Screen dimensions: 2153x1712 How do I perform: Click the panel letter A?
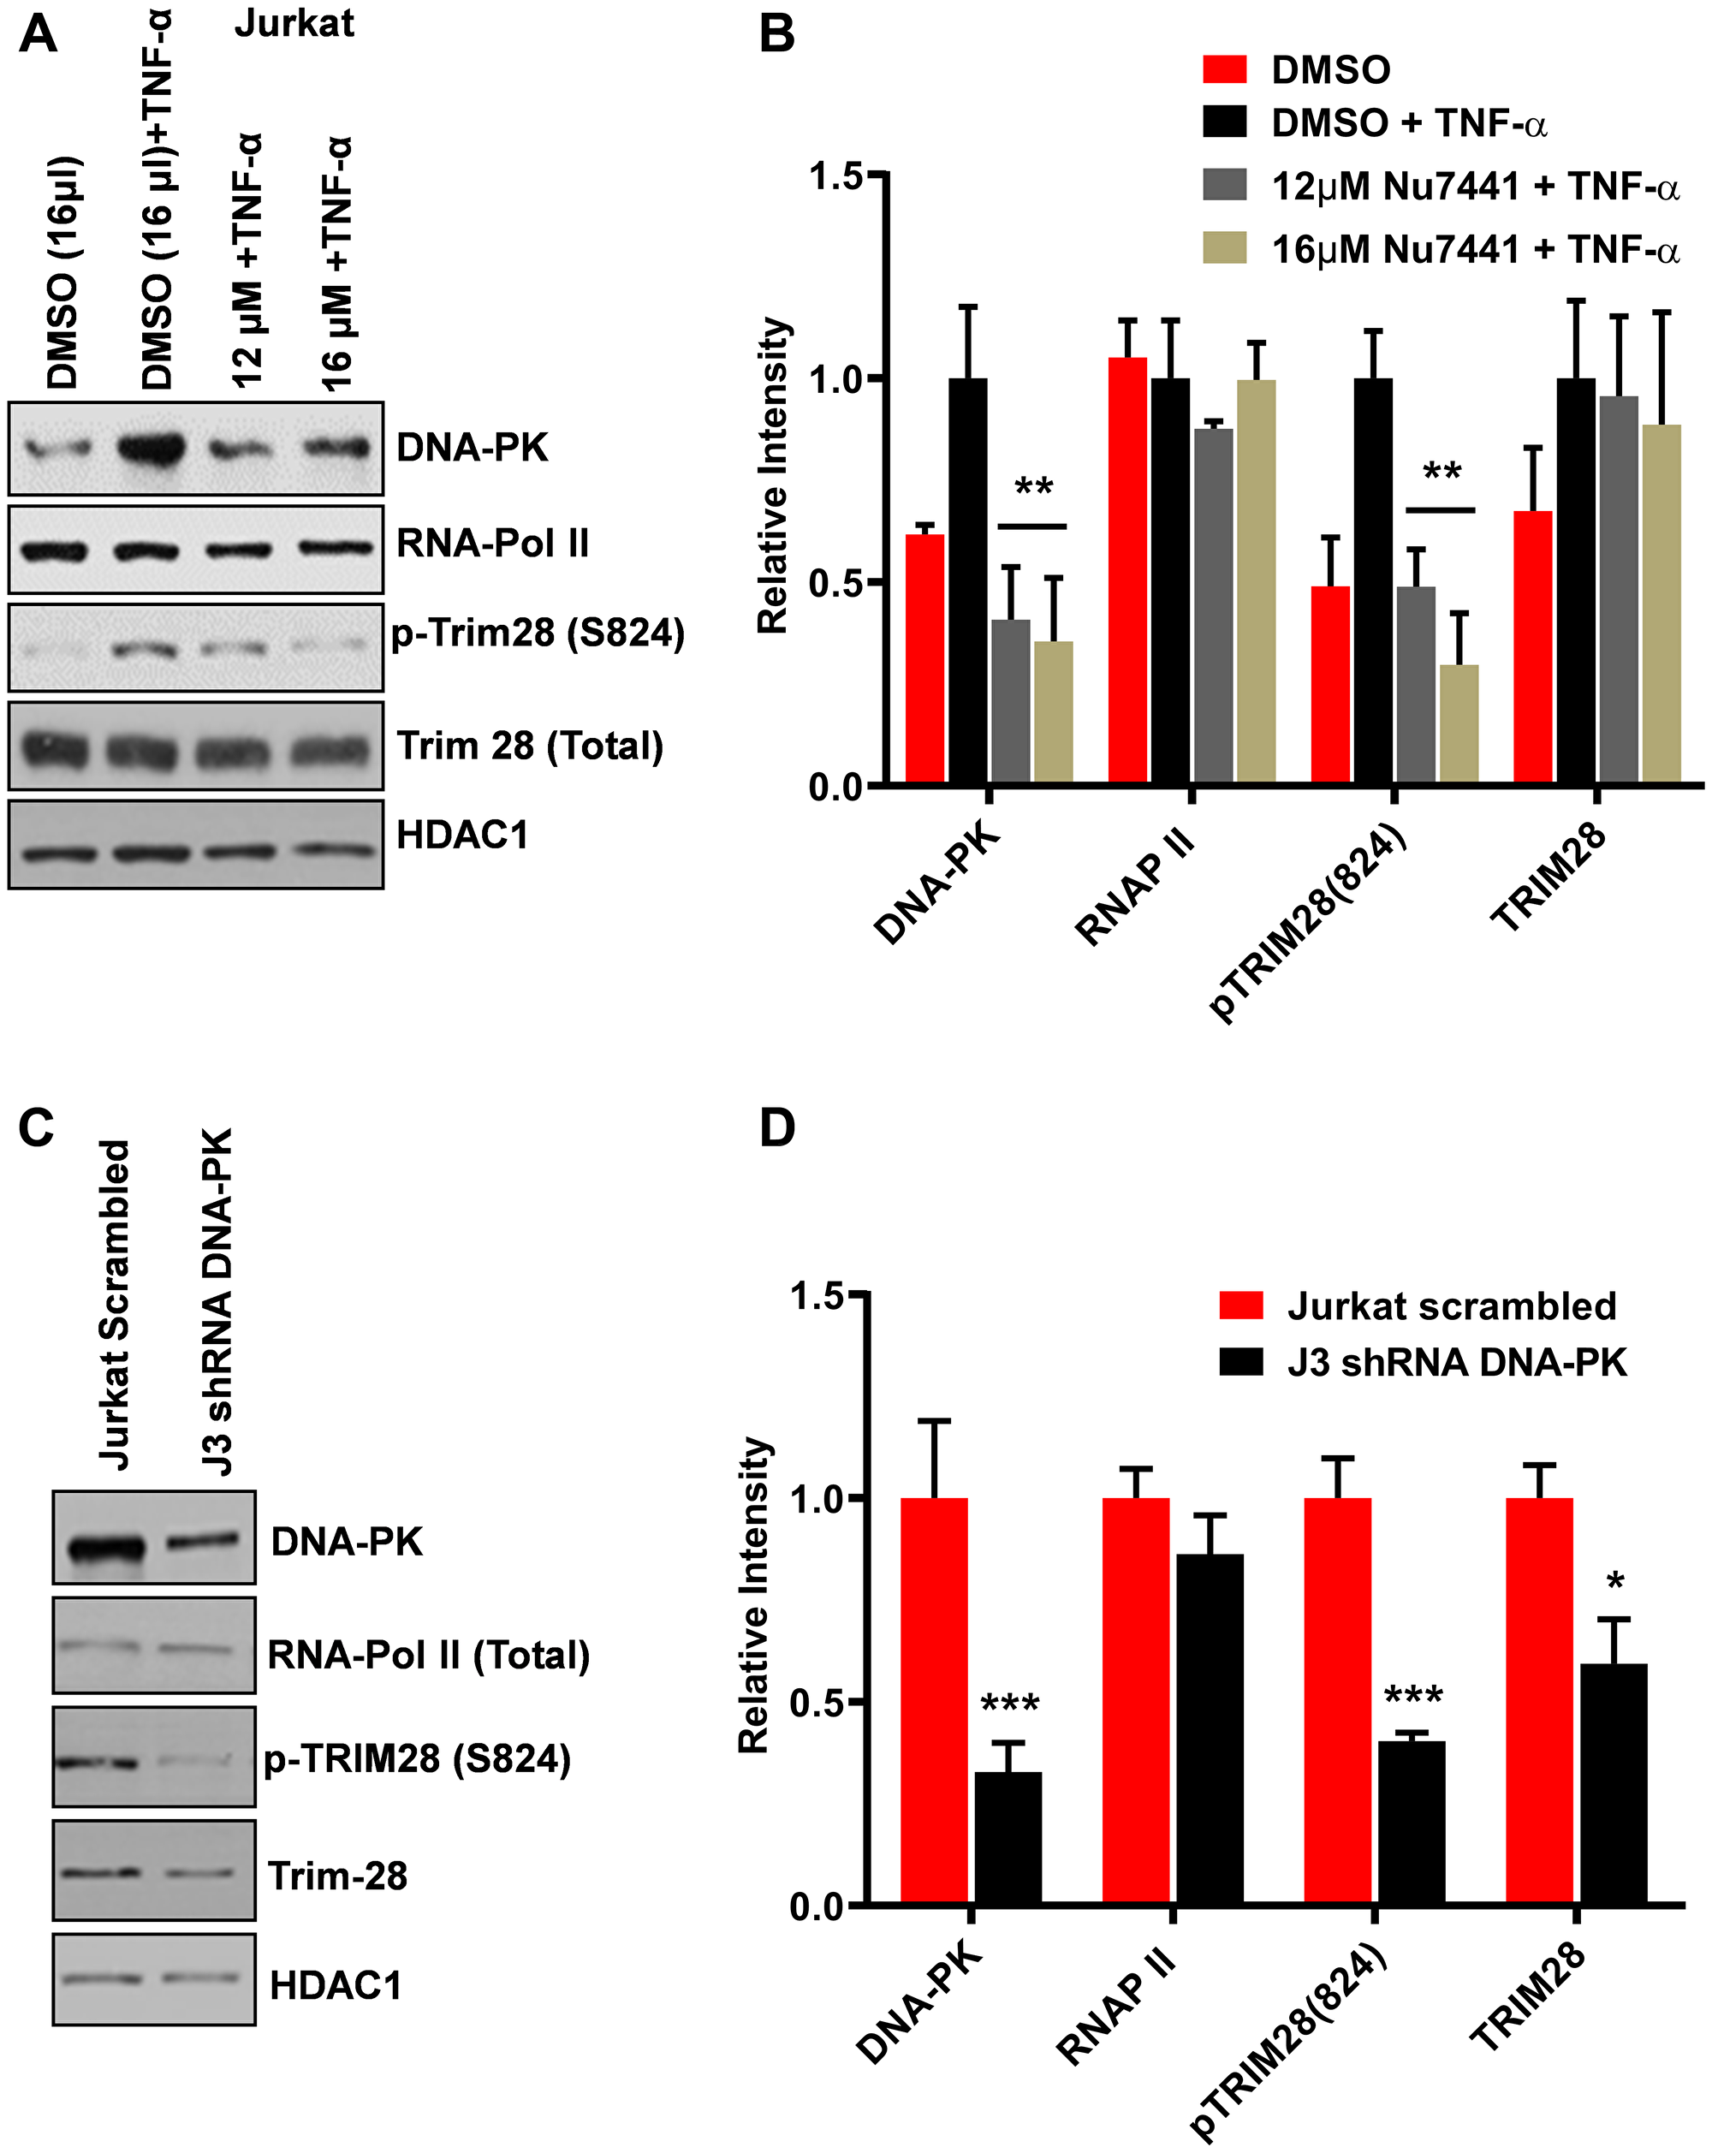click(38, 33)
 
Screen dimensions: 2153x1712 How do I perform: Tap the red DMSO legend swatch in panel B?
click(1224, 70)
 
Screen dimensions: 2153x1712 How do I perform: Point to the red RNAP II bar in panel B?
click(1128, 569)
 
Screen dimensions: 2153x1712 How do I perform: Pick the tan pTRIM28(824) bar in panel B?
click(1459, 723)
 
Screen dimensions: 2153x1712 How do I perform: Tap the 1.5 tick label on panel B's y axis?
click(835, 176)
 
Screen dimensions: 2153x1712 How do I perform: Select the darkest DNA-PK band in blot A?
click(151, 449)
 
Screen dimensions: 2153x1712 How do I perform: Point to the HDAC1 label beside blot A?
click(462, 835)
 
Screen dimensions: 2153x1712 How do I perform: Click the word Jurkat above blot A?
click(294, 23)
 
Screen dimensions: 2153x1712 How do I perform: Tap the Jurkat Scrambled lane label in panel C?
click(115, 1303)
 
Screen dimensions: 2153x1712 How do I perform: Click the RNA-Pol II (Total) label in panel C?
click(428, 1655)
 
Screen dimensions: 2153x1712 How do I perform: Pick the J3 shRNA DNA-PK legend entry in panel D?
click(1455, 1362)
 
